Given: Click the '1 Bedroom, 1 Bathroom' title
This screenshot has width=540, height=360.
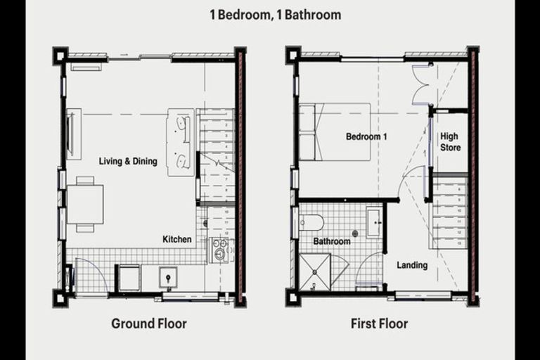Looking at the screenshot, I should (x=275, y=15).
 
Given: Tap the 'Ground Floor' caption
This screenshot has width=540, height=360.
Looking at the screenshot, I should (x=149, y=324).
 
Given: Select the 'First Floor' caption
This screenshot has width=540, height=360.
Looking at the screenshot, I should (x=379, y=324).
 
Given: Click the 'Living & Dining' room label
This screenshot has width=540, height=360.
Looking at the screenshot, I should (x=128, y=161).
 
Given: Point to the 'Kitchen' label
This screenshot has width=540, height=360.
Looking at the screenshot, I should (x=177, y=239).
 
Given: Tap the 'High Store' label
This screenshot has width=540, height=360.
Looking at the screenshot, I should (x=450, y=142).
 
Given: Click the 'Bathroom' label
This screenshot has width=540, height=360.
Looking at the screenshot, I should (x=332, y=241).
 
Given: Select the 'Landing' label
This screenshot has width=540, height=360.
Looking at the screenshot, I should (x=412, y=265).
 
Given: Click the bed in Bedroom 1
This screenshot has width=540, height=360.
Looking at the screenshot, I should (x=335, y=131).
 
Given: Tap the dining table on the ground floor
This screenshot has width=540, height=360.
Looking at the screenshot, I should (x=85, y=204).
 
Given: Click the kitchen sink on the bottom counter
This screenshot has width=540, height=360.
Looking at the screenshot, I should (x=169, y=278).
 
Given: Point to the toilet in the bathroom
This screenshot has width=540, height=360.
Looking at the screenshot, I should (x=311, y=222).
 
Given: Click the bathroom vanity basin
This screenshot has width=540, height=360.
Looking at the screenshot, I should (x=373, y=223).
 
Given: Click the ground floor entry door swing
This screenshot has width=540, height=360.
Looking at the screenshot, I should (x=89, y=276).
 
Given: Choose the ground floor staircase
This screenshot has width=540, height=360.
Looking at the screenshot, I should (x=216, y=155).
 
